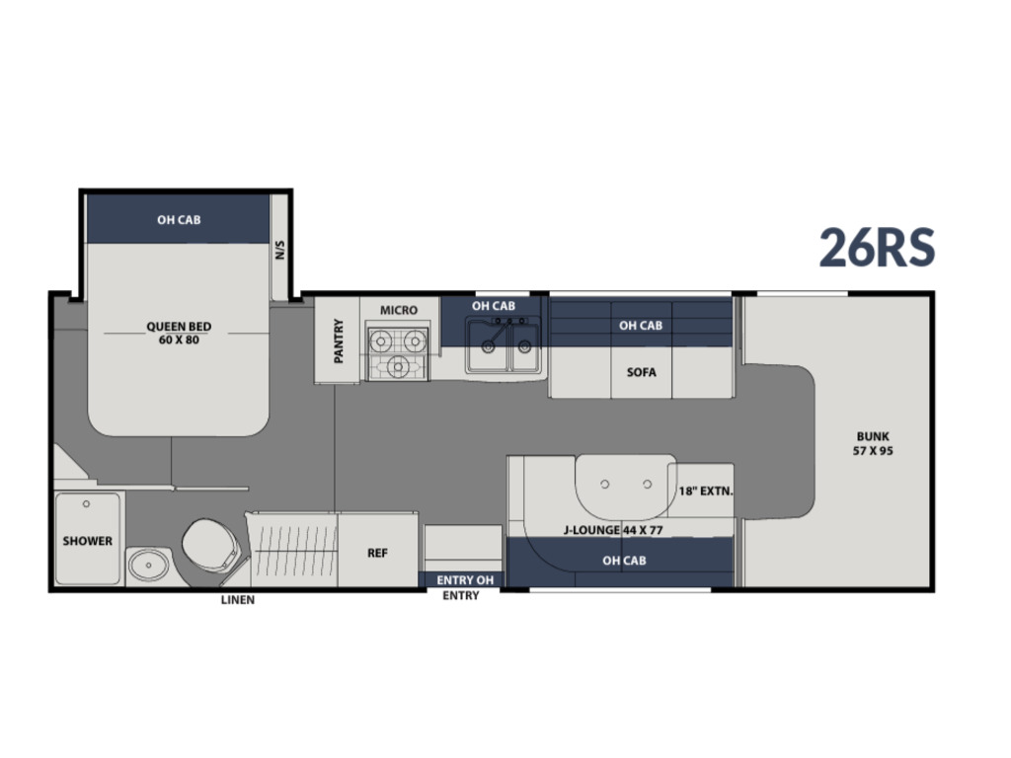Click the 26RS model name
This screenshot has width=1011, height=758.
coord(877,248)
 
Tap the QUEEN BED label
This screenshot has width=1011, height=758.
coord(179,326)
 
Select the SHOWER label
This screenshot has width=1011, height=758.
coord(87,541)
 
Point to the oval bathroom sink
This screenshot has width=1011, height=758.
coord(149,566)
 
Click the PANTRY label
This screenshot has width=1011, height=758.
coord(339,341)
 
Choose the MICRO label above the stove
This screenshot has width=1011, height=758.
coord(399,310)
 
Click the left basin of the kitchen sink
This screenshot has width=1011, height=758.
coord(488,346)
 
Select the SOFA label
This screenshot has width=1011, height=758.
coord(641,372)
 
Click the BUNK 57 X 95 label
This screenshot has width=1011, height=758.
coord(873,443)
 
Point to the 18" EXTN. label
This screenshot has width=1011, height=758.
coord(705,492)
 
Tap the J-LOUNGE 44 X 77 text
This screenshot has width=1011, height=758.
coord(613,530)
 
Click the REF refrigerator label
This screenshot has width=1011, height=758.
coord(377,553)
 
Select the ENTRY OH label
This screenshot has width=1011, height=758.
coord(465,580)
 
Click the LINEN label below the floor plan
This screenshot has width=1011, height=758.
coord(238,600)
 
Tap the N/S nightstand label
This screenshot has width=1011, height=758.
coord(279,250)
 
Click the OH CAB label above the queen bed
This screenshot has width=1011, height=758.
coord(179,220)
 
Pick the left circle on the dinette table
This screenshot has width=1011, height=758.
coord(605,484)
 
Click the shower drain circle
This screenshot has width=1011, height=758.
coord(86,504)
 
